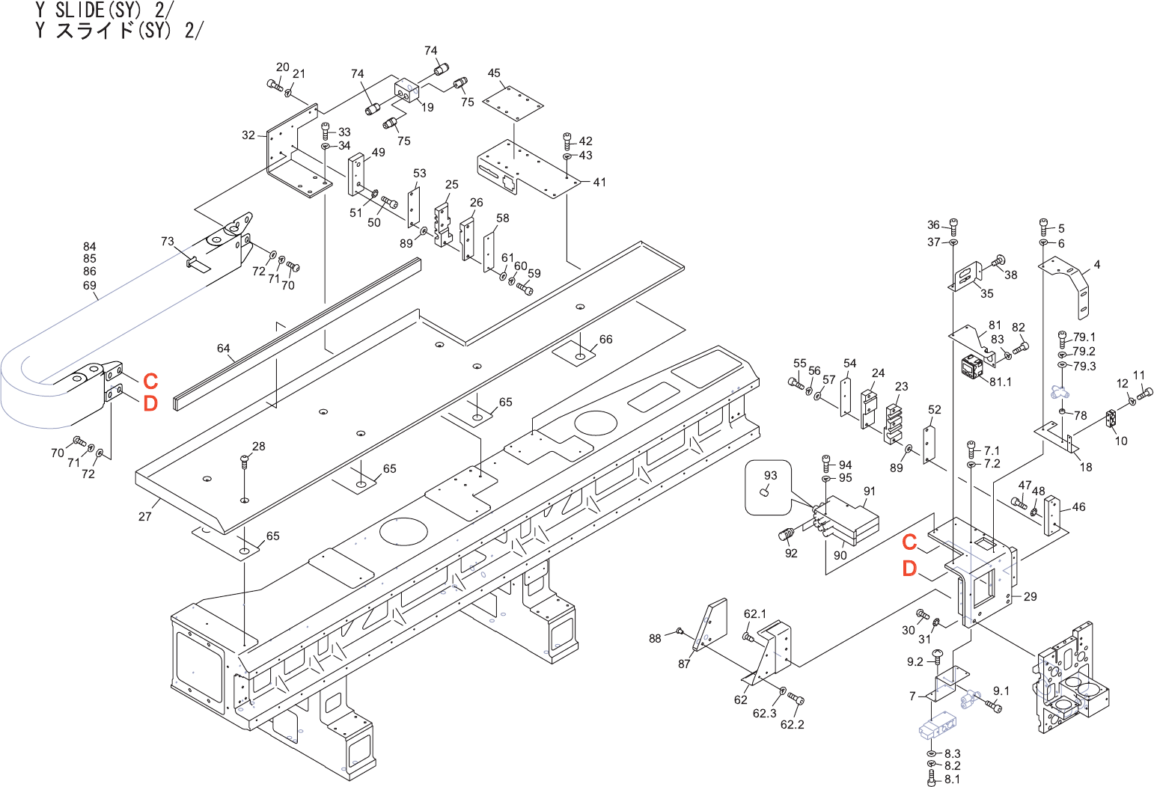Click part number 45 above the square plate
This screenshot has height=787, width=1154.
(493, 73)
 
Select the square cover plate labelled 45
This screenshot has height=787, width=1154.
(513, 103)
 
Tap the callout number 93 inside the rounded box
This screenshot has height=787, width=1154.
(770, 475)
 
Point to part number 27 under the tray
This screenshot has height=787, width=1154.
(144, 516)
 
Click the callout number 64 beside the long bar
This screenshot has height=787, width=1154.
(223, 348)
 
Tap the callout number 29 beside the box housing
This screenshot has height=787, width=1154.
(1030, 596)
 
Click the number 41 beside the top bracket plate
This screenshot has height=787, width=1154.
(599, 182)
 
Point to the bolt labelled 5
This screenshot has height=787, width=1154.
(1044, 227)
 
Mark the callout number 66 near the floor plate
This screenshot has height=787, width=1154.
(606, 339)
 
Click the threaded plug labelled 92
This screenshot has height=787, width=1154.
(787, 535)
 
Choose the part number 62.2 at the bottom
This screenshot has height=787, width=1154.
(792, 725)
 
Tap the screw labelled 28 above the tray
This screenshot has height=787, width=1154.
(245, 461)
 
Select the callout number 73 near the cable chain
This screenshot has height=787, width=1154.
(168, 241)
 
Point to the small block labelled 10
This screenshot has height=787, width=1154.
(1111, 419)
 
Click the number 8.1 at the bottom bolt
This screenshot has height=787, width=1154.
(953, 780)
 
